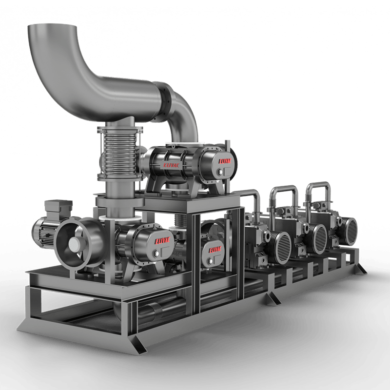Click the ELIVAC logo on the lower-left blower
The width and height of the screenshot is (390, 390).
[x=163, y=240]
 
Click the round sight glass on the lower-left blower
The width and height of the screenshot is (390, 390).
[x=155, y=252]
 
